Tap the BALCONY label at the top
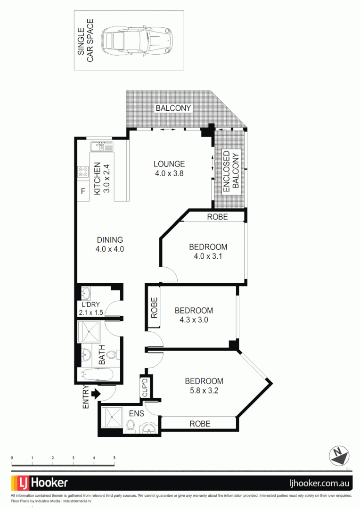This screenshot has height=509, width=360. [173, 108]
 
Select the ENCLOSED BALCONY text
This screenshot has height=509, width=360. [231, 170]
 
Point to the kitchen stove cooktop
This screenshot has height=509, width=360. [84, 172]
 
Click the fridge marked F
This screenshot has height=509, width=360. [83, 191]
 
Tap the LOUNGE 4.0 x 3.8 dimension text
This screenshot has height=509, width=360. [169, 173]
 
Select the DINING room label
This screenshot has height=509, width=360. [109, 240]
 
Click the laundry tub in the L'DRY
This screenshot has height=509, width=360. [87, 294]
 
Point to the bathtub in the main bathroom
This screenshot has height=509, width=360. [96, 375]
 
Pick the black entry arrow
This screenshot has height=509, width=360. [96, 394]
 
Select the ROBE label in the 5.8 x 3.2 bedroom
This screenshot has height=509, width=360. [200, 424]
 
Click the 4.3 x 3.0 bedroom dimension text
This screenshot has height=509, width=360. [194, 320]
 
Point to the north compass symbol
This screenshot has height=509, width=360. [339, 455]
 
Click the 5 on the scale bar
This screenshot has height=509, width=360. [114, 458]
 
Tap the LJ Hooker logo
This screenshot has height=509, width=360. [40, 483]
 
